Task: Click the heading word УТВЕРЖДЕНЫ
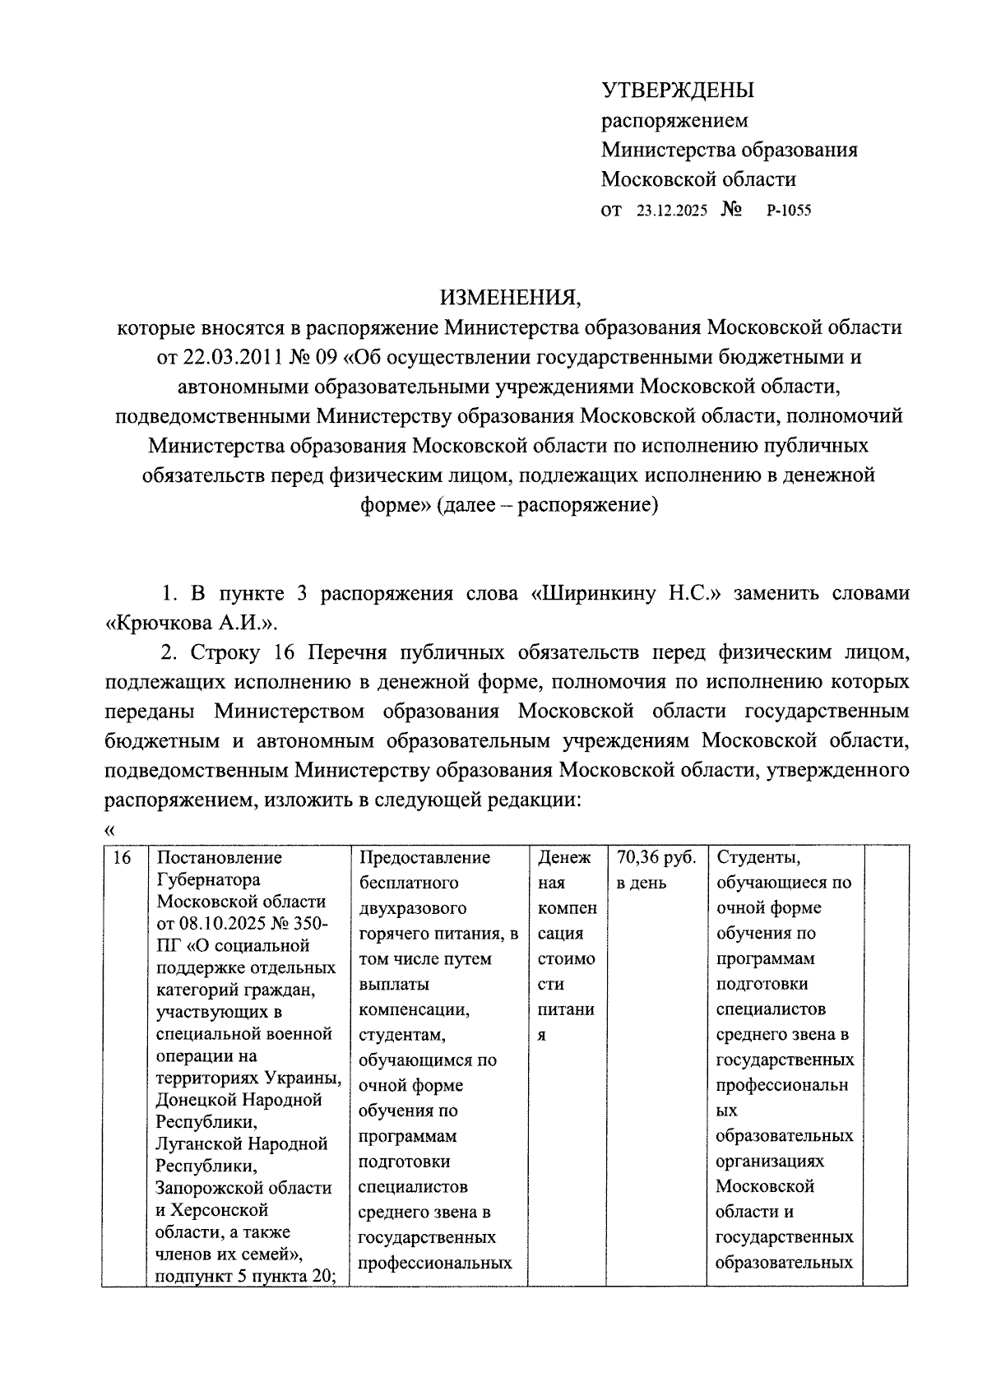tap(678, 90)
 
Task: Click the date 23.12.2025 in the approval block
tap(671, 211)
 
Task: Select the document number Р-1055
tap(788, 211)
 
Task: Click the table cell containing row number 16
tap(123, 858)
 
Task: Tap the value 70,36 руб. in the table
tap(656, 858)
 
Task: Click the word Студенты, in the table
tap(758, 858)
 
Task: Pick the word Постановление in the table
tap(219, 858)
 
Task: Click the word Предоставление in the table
tap(424, 858)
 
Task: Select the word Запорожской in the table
tap(211, 1188)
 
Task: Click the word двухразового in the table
tap(412, 908)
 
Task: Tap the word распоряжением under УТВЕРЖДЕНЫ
tap(674, 121)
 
